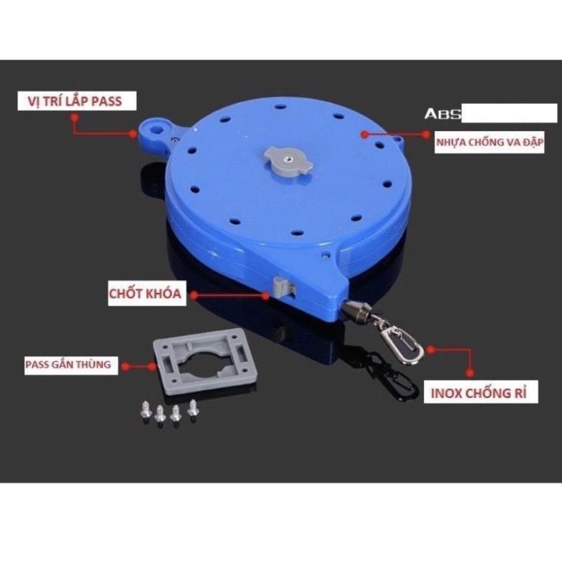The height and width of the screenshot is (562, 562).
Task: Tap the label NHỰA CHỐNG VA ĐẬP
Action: pos(489,142)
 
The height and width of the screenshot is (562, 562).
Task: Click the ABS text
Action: pos(443,114)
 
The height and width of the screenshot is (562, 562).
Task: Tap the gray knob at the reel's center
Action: pos(289,161)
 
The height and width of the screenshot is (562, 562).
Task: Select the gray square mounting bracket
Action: pos(206,361)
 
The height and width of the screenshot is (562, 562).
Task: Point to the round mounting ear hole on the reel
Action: pos(156,130)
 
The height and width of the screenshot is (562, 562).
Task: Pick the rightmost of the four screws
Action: pos(193,409)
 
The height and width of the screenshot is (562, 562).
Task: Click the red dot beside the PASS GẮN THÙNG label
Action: pos(125,366)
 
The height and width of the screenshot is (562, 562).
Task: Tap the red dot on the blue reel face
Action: pos(365,135)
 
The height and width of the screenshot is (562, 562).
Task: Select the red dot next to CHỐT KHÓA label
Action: pos(194,295)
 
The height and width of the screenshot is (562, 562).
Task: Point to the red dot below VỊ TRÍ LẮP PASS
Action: pos(75,117)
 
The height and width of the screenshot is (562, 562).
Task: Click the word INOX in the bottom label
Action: pos(446,393)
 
